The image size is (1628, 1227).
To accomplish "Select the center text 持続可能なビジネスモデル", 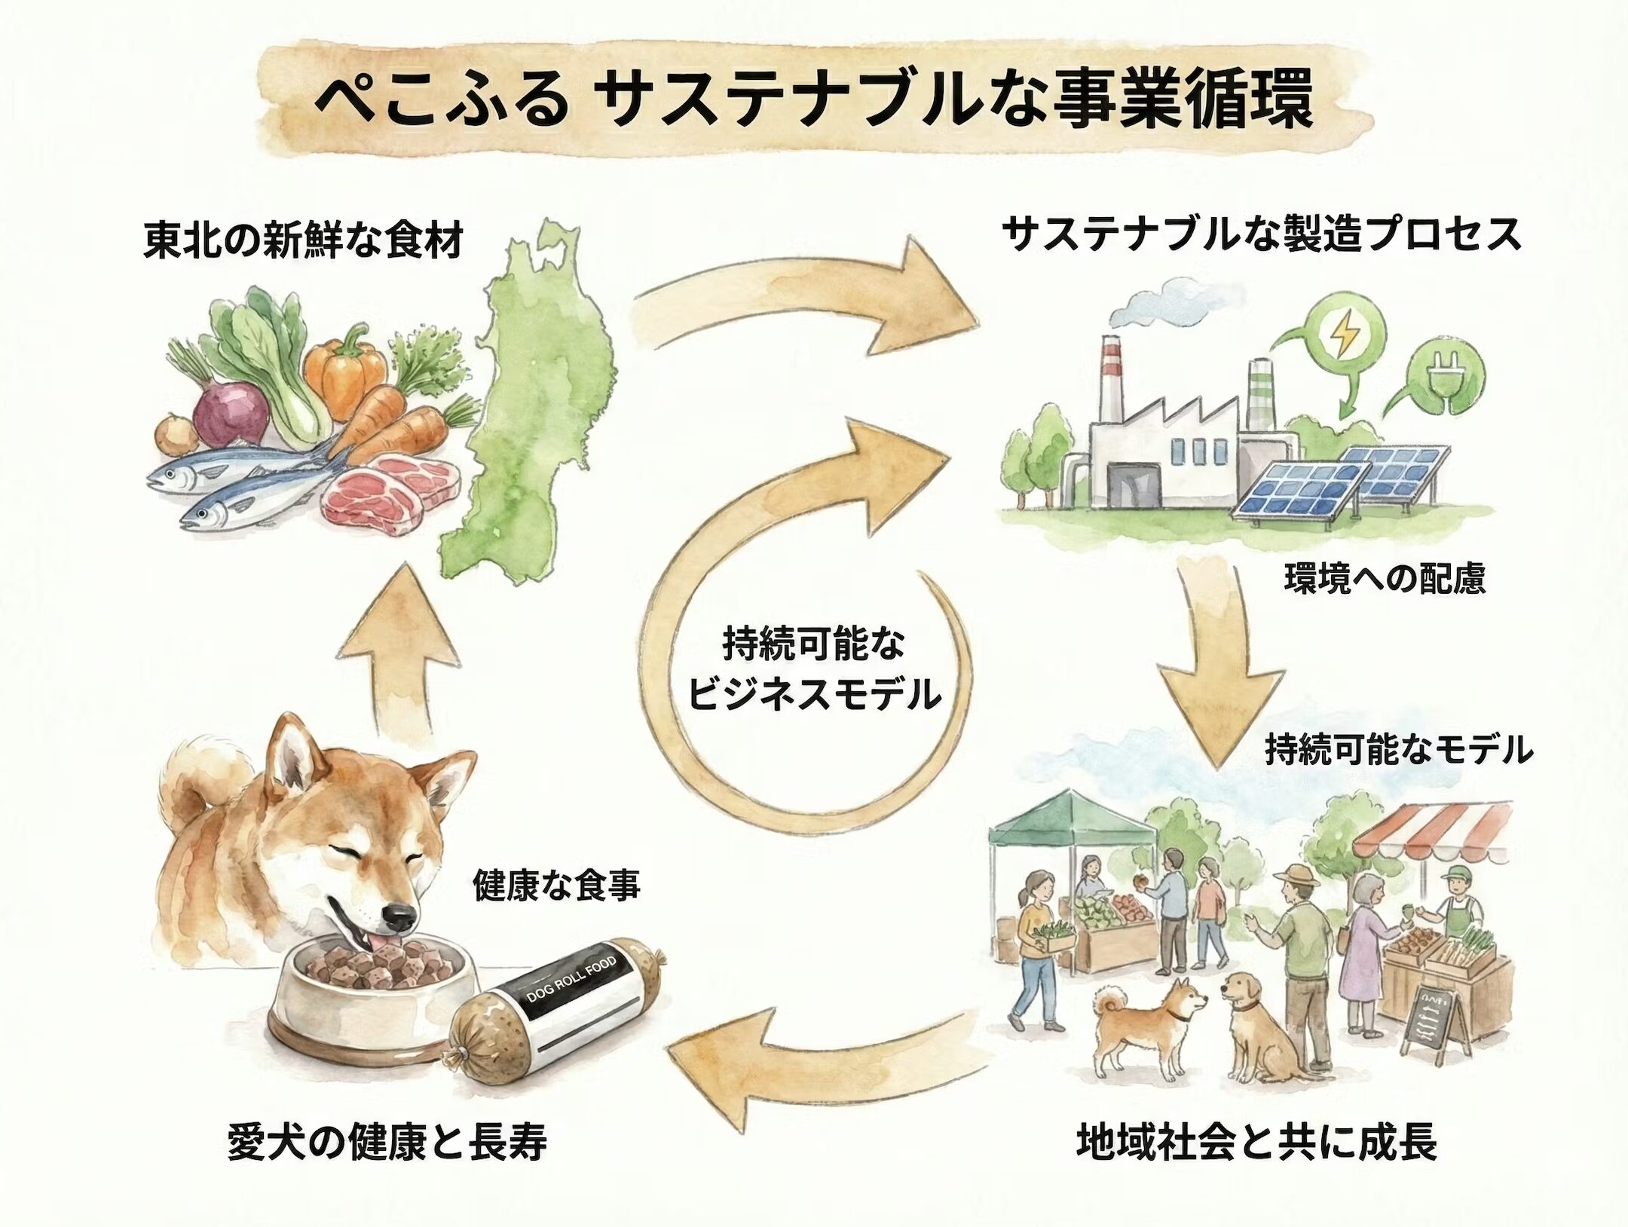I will pos(814,671).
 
